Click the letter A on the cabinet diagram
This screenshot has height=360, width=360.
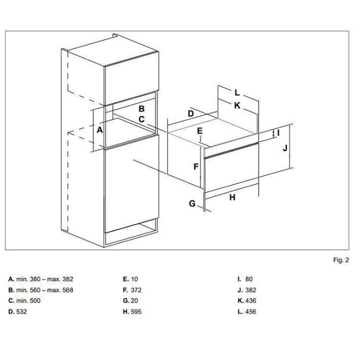coord(99,130)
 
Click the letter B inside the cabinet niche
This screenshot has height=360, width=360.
coord(141,108)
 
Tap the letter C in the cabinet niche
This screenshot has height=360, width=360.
coord(141,119)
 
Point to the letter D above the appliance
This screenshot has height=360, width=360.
coord(191,113)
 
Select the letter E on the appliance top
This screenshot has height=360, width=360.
coord(200,131)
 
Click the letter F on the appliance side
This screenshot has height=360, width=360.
coord(196,166)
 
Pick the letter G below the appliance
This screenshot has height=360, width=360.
coord(192,203)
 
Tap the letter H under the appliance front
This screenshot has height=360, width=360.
coord(232,197)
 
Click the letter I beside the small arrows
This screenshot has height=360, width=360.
coord(278,132)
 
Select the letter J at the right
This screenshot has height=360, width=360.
coord(285,148)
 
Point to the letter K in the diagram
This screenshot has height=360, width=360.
coord(237,105)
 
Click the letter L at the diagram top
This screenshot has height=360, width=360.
coord(237,93)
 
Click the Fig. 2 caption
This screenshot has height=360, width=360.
coord(341,260)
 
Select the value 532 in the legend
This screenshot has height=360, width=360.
coord(21,311)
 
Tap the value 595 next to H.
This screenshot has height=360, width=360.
coord(136,311)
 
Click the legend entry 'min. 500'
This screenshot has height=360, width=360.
coord(28,300)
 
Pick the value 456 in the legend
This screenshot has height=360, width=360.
coord(250,311)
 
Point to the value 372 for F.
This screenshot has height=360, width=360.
coord(136,290)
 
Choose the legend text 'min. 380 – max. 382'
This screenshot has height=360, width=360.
coord(45,279)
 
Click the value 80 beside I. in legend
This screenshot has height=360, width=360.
coord(249,279)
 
